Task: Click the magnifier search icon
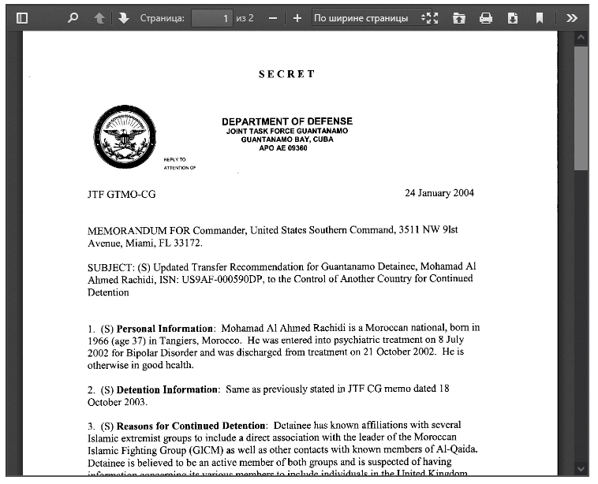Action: point(73,17)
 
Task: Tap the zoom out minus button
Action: point(273,17)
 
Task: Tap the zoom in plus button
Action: point(297,17)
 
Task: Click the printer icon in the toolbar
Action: point(486,17)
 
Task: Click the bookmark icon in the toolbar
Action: point(540,17)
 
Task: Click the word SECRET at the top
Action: point(287,74)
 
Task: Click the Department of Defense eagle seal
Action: point(124,136)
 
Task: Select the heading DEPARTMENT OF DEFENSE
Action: point(287,121)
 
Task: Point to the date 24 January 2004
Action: point(439,193)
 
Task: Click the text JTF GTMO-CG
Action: point(121,194)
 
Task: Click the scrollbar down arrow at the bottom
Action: point(582,468)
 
